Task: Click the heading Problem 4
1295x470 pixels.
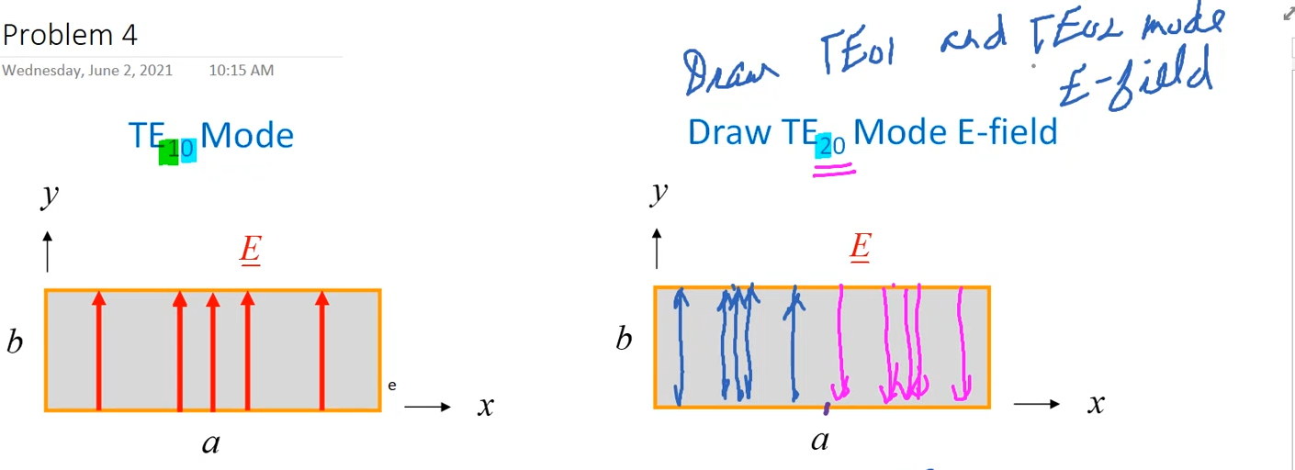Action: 70,35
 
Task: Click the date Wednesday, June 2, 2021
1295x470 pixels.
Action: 87,70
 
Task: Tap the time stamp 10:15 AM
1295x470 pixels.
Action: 241,70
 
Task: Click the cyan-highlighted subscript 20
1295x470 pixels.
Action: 831,144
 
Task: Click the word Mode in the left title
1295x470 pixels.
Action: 247,136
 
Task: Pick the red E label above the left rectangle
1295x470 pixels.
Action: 250,250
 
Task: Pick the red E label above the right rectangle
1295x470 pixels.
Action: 860,246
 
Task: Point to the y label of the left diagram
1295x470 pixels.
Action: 50,195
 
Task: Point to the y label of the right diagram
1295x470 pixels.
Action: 659,192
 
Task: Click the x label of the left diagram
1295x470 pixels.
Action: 486,405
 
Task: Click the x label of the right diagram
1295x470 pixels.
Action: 1095,402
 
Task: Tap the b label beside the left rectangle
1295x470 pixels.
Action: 15,342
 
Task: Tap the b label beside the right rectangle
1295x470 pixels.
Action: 624,340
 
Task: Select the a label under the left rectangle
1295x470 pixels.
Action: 211,444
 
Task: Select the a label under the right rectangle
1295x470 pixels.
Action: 819,441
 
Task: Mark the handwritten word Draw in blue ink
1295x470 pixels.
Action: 731,72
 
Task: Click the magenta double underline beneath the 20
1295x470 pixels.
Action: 834,168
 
